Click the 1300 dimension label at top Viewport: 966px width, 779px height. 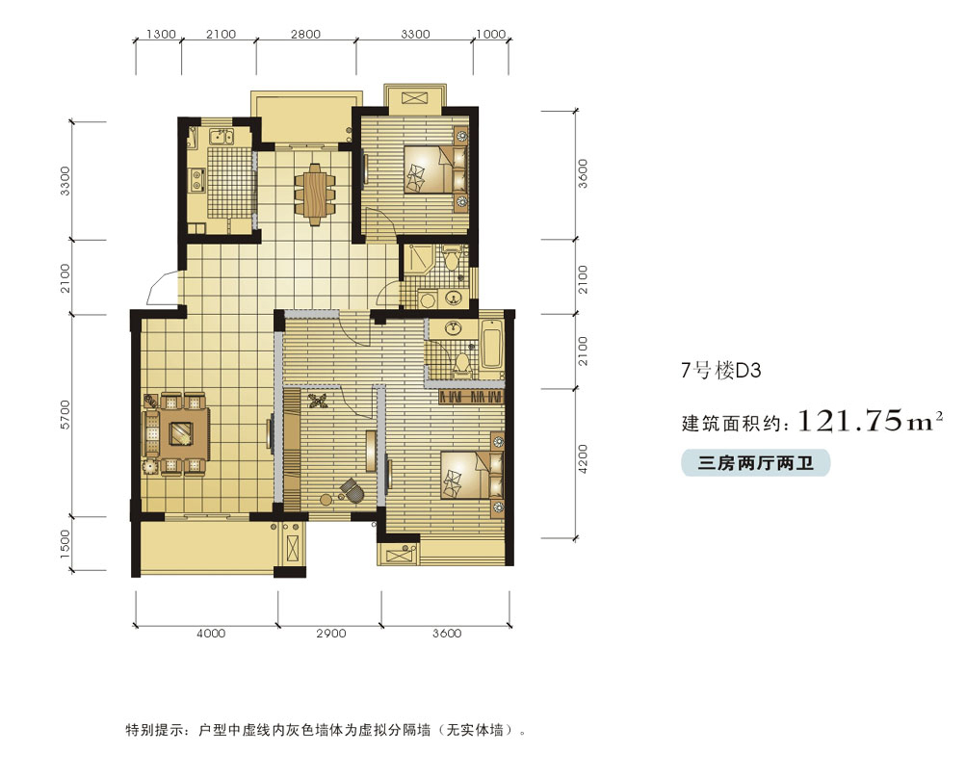[x=161, y=35]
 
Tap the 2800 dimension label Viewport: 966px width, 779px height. [x=305, y=35]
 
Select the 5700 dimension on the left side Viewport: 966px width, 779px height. [x=65, y=415]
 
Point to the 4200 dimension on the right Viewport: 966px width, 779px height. [x=584, y=459]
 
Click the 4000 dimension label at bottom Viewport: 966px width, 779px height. [x=211, y=633]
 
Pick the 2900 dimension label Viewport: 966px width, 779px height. [x=331, y=633]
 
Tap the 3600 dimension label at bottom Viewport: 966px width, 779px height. [x=447, y=633]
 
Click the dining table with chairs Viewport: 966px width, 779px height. [x=315, y=194]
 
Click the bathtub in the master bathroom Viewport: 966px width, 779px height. [x=491, y=349]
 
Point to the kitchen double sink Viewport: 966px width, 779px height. [x=221, y=137]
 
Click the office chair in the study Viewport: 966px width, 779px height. [x=352, y=491]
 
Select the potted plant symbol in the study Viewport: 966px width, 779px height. [x=318, y=402]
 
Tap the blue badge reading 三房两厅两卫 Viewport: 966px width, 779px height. [x=755, y=463]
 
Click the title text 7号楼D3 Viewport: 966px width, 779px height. [x=720, y=370]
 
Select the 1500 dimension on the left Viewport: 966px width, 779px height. [x=65, y=544]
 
